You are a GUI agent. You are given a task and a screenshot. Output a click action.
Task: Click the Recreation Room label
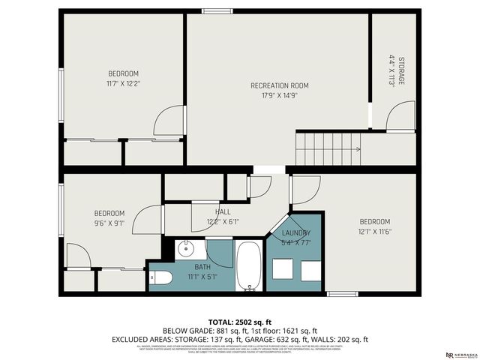[x=279, y=85]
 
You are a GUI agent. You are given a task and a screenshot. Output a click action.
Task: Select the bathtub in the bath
[x=249, y=265]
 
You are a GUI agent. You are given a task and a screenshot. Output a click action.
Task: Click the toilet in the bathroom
[x=161, y=279]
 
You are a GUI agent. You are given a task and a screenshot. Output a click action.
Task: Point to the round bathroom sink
[x=187, y=249]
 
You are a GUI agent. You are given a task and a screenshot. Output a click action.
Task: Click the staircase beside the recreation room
[x=329, y=148]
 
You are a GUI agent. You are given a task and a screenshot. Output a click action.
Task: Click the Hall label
[x=223, y=213]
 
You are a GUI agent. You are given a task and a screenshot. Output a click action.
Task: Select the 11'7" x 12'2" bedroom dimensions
[x=124, y=83]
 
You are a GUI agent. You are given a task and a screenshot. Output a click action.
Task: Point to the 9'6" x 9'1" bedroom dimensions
[x=109, y=223]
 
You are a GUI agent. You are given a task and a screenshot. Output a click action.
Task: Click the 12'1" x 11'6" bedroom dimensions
[x=375, y=231]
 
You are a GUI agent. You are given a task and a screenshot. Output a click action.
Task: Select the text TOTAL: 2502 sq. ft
[x=239, y=321]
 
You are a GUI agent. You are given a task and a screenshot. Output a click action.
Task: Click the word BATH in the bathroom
[x=202, y=266]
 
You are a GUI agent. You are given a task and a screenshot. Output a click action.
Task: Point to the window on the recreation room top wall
[x=217, y=10]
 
